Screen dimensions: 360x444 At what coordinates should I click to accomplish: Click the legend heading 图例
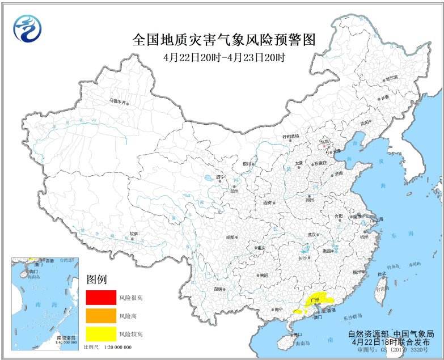click(x=96, y=279)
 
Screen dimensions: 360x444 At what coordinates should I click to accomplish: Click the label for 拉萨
click(x=133, y=233)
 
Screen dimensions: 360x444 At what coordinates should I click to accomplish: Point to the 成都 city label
click(x=230, y=237)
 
